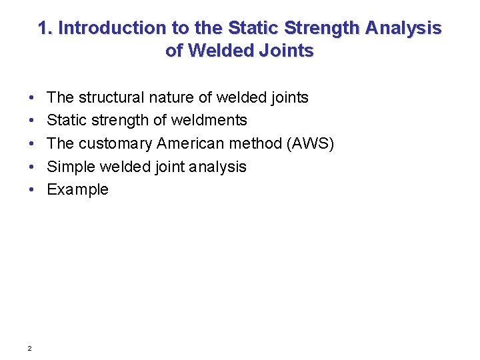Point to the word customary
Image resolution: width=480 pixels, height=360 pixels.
click(116, 144)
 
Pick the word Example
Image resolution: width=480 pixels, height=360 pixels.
click(77, 190)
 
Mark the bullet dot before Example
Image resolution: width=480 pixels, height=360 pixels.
click(32, 190)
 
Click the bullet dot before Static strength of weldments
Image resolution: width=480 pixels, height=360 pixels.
click(32, 121)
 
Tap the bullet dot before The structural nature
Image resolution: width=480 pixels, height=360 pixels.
click(32, 98)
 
